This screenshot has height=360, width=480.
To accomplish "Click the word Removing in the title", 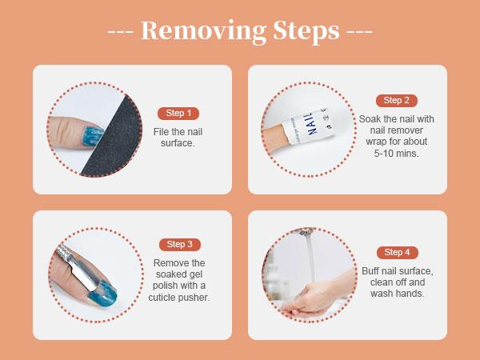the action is coord(203,31).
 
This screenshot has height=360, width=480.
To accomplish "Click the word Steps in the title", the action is coord(306,31).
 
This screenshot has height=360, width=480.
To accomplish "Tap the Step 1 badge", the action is coord(178,114).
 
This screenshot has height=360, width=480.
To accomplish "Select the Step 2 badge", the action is coord(397,101).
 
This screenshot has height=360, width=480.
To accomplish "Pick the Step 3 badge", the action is coord(180,244).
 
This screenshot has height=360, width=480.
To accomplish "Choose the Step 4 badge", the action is coord(397,252).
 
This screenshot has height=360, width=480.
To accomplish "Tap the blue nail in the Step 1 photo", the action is coord(93,136).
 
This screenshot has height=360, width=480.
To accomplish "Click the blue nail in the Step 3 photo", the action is coord(102,294).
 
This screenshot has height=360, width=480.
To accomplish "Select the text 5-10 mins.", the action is coord(396,153).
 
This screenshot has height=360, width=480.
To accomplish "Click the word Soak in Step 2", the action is coord(369,118).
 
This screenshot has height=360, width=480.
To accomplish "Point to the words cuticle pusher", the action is coord(179,298).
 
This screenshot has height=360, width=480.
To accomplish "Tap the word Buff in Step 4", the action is coord(370,271).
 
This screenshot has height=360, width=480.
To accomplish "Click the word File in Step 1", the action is coord(161,132).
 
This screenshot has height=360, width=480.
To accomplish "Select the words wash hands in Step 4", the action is coord(397,294).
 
